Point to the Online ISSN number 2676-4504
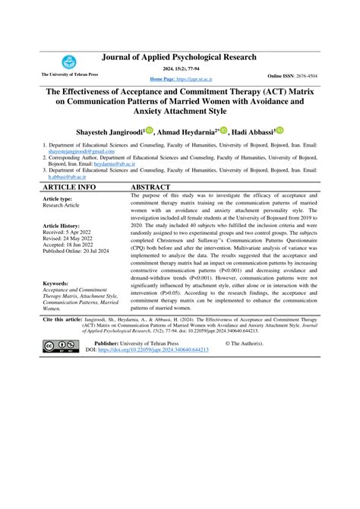(313, 77)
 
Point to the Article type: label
(58, 198)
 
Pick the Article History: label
(62, 226)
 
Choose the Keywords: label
(57, 283)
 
